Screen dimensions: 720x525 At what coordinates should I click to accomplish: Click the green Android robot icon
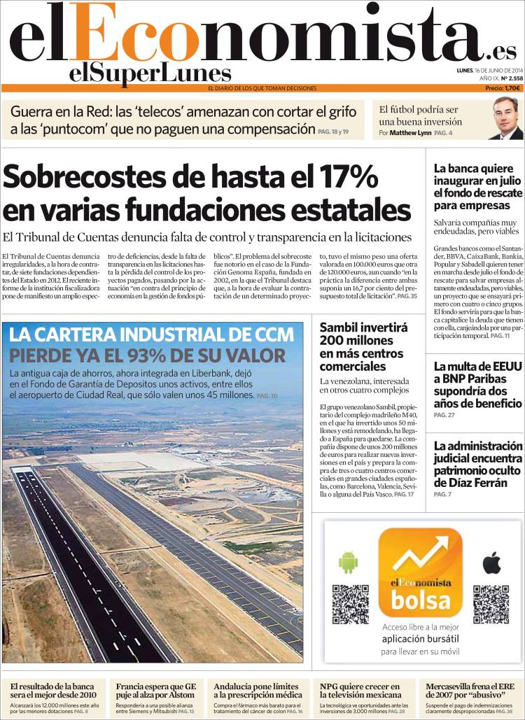coord(348,562)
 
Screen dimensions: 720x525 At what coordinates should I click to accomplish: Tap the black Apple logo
coord(492,562)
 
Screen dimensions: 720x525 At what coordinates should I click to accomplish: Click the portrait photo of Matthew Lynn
coord(506,118)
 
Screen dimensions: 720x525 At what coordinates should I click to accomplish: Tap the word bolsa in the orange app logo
coord(421,600)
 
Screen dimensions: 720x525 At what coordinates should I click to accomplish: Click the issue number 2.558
coord(511,79)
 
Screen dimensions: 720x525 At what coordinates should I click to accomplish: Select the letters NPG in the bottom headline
coord(330,686)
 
